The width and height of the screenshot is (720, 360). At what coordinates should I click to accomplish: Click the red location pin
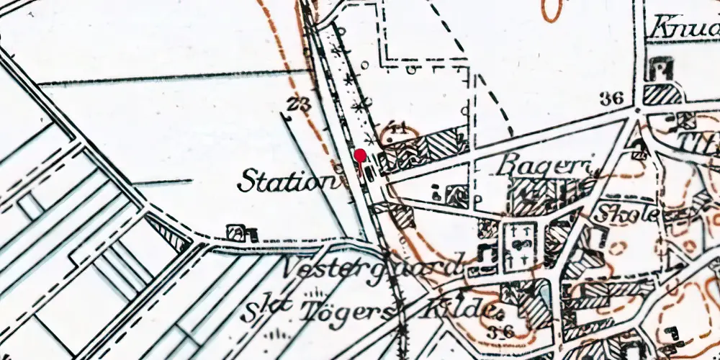[360, 156]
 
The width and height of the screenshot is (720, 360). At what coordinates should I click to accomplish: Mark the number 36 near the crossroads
[610, 99]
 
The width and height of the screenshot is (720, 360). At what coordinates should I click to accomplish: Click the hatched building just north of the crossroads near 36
[661, 96]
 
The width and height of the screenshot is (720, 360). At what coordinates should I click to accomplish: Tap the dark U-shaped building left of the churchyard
[485, 254]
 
